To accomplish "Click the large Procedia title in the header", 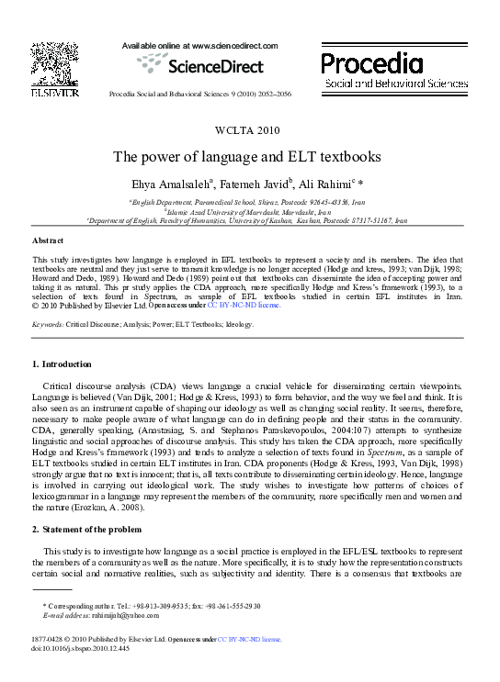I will (371, 62).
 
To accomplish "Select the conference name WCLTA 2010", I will (248, 131).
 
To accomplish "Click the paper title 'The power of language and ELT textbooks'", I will (248, 156).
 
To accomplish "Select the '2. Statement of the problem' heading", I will (87, 530).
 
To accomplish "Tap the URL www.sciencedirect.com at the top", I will (230, 45).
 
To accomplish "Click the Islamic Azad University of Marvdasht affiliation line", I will (248, 210).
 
